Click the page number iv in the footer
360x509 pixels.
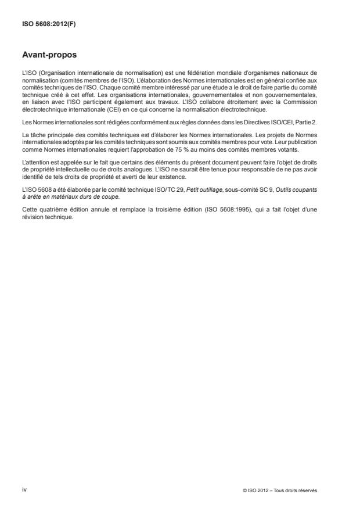[x=24, y=489]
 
